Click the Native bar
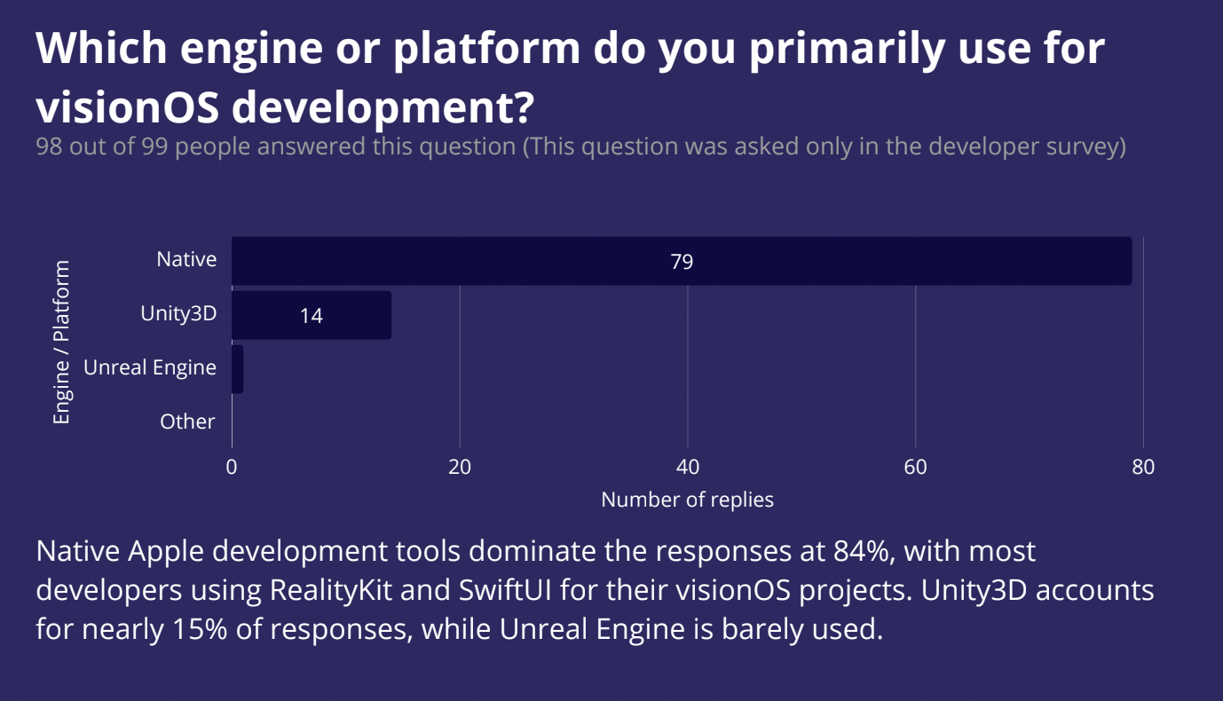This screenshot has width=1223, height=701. pos(682,261)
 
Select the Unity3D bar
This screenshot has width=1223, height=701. pos(312,315)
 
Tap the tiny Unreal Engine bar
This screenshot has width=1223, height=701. pos(238,369)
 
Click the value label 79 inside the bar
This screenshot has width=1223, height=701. pos(682,262)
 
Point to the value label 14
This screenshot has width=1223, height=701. pos(312,316)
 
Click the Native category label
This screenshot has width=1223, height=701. pos(186,259)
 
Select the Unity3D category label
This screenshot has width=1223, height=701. pos(178,314)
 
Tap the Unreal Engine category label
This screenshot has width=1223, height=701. pos(150,368)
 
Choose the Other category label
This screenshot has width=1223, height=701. pos(187,421)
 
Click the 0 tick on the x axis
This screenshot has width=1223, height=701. pos(232,467)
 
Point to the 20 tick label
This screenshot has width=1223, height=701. pos(460,467)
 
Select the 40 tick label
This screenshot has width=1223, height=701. pos(688,467)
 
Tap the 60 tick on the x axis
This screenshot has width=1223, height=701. pos(915,467)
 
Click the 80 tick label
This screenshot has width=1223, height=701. pos(1143,467)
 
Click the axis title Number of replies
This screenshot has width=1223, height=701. pos(688,500)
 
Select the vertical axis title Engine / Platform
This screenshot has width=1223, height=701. pos(61,343)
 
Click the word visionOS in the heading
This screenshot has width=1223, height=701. pos(128,107)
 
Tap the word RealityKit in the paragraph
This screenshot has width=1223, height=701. pos(331,590)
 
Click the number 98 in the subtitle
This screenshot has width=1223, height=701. pos(49,146)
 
